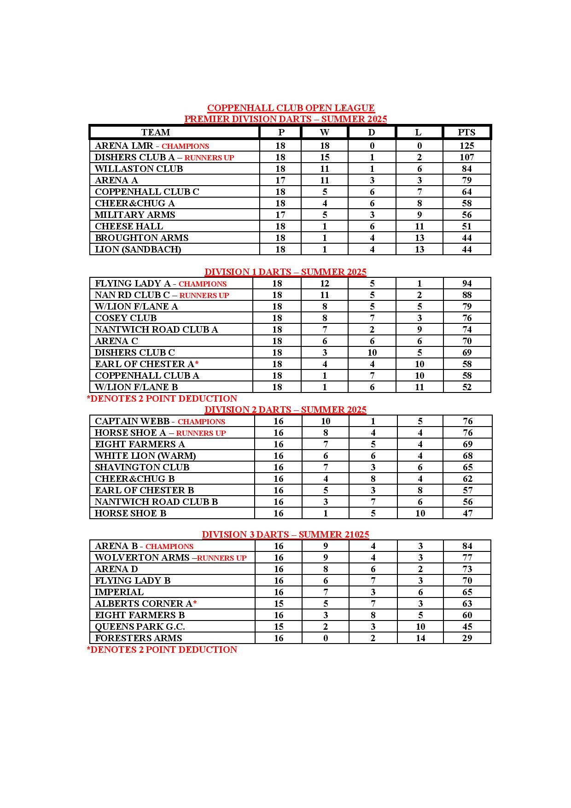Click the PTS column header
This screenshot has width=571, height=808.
point(466,132)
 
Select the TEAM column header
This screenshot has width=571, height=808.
point(156,132)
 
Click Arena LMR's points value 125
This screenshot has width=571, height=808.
point(466,146)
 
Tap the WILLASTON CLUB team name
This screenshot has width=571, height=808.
point(139,169)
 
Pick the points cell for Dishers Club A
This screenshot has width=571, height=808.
point(466,157)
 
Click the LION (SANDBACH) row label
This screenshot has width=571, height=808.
point(138,249)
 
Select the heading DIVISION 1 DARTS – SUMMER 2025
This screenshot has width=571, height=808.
point(285,272)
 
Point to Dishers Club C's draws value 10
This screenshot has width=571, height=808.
point(372,352)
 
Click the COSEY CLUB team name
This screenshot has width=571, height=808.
point(126,318)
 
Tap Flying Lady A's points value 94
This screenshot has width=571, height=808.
point(467,283)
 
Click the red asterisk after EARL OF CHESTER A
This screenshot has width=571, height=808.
point(197,363)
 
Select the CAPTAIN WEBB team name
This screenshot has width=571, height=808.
point(132,421)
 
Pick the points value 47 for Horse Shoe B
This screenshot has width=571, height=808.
point(467,513)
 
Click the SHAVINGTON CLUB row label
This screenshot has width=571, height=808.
point(142,467)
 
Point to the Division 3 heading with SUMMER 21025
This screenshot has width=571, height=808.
point(285,534)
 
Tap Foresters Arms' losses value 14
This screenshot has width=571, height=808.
point(420,638)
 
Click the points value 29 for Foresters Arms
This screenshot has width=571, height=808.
point(467,638)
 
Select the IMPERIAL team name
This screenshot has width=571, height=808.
point(119,592)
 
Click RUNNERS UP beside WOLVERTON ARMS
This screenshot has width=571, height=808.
point(221,558)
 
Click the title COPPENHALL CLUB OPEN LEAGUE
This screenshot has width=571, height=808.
point(291,108)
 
